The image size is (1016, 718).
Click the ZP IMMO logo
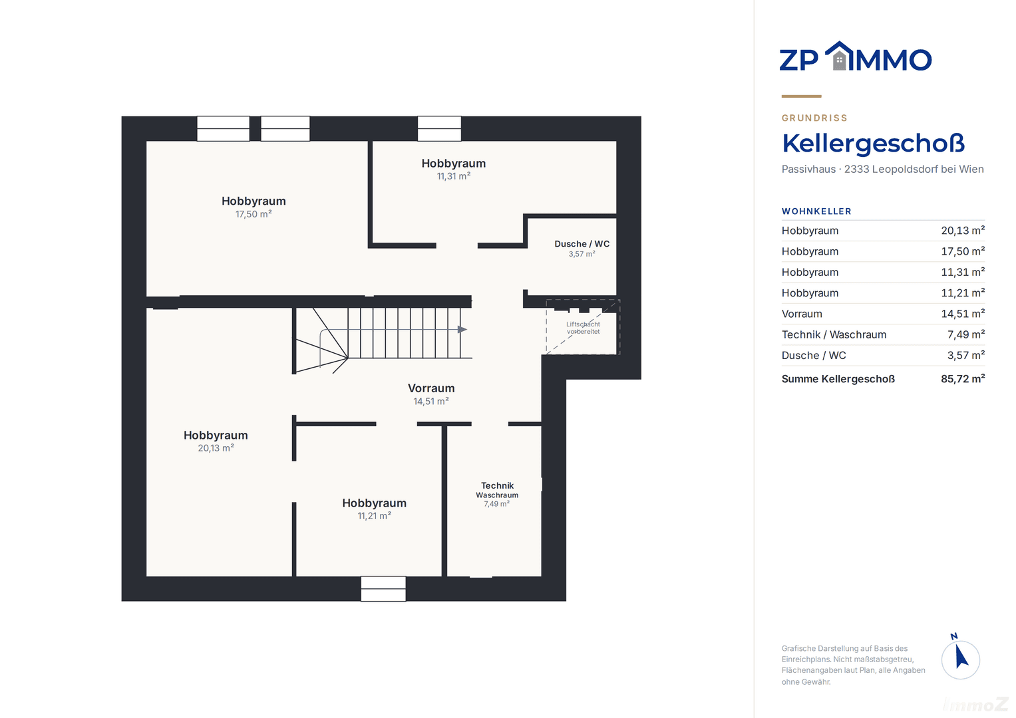(856, 57)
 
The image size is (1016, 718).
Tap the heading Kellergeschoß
(873, 144)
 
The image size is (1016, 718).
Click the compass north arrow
(961, 658)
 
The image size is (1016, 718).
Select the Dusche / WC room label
(582, 244)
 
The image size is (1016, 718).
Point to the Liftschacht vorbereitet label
(584, 328)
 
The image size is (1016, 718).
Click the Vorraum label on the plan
(431, 388)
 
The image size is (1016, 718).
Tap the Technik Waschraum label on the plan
(497, 490)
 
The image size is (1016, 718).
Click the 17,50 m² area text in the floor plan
(254, 214)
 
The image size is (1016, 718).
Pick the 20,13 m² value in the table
(963, 231)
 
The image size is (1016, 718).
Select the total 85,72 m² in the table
(963, 379)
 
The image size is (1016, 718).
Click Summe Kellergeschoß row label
(838, 379)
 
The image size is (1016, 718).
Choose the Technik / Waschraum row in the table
(883, 334)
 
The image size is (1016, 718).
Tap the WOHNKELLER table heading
(816, 211)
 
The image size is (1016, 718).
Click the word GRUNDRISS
(814, 118)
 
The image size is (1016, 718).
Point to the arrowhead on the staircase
(462, 330)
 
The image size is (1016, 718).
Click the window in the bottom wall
(383, 589)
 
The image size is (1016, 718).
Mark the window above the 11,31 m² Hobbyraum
(440, 129)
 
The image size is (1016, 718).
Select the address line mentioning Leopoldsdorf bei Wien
(883, 169)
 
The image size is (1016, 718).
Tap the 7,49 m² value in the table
(966, 334)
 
